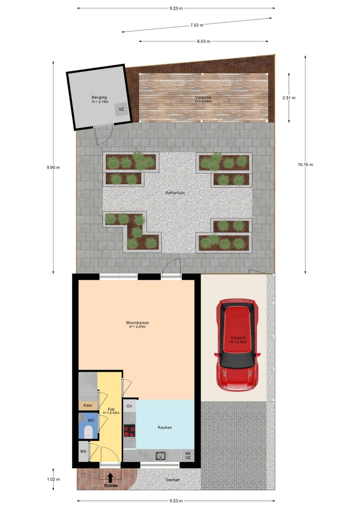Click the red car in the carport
[x=237, y=345]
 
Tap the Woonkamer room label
[x=137, y=323]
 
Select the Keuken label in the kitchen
[x=165, y=427]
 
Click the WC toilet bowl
[x=88, y=431]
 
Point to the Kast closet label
[x=88, y=405]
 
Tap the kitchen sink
[x=160, y=455]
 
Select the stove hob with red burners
[x=129, y=430]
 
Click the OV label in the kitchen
[x=129, y=406]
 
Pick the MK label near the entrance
[x=83, y=452]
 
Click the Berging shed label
[x=99, y=97]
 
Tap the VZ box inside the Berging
[x=121, y=109]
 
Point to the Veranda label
[x=203, y=97]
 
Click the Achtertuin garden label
[x=176, y=192]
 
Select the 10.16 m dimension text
[x=305, y=164]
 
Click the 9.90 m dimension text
[x=53, y=167]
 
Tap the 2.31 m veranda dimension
[x=289, y=98]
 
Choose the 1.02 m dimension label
[x=53, y=479]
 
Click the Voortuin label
[x=172, y=479]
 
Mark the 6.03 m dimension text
[x=203, y=41]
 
